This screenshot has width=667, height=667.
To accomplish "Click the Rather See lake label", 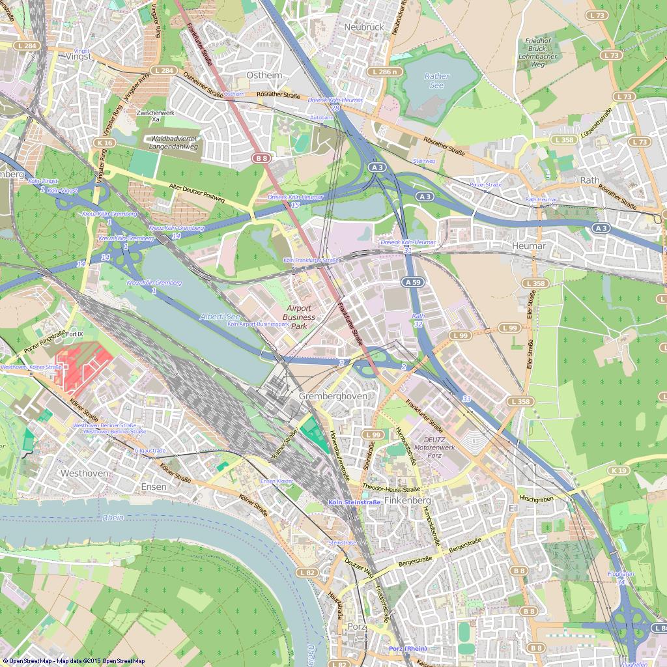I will [436, 81].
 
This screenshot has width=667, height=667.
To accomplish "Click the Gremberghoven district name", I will [332, 396].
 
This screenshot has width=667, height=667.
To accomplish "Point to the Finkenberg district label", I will [408, 500].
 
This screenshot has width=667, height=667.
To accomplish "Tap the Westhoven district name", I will [83, 473].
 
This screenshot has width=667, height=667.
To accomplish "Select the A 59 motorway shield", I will [413, 282].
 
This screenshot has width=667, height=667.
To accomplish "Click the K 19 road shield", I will [619, 470].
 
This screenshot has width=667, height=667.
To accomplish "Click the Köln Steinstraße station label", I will [354, 502].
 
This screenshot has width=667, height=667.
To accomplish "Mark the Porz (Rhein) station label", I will [407, 649].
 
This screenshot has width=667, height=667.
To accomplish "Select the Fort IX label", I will [75, 334].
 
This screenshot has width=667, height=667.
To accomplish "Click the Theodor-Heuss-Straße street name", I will [391, 489].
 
